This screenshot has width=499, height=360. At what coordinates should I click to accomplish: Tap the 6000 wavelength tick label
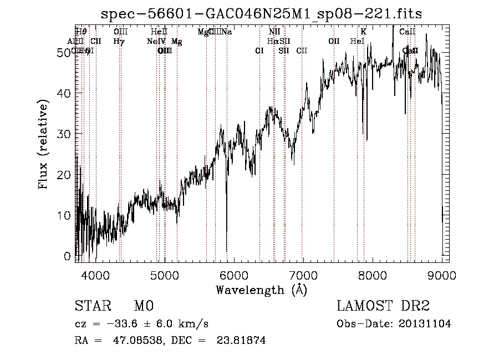pos(233,275)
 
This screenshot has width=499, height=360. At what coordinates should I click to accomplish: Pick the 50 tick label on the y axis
pos(64,52)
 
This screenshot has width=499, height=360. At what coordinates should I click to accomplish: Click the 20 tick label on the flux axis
pos(64,174)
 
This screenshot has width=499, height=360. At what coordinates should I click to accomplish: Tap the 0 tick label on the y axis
pos(68,256)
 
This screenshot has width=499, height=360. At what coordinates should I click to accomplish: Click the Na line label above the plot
pos(227,32)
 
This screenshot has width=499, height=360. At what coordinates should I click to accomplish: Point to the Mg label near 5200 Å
pos(176,42)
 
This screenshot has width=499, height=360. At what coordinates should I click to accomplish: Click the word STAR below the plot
pos(93,306)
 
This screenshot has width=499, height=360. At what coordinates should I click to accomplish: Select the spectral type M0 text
pos(143,306)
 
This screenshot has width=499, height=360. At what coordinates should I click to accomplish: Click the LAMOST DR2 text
pos(383,306)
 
